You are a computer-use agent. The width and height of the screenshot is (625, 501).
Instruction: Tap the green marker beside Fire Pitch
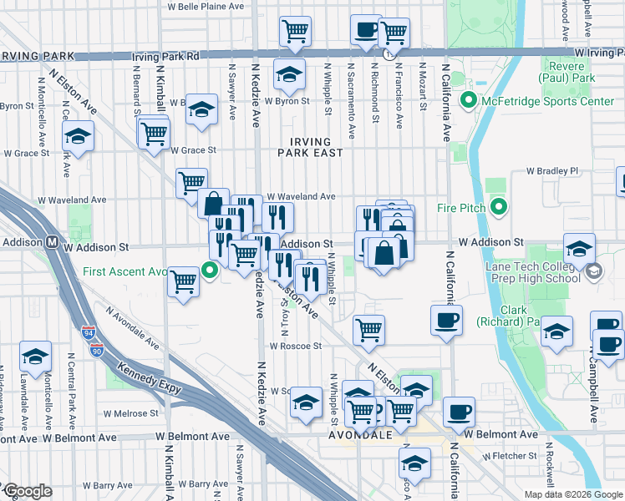(499, 206)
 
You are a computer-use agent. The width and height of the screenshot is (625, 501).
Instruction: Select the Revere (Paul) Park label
(571, 72)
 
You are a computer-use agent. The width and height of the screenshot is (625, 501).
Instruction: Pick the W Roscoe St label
(295, 346)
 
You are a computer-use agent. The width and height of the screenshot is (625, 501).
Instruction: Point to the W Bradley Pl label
(551, 171)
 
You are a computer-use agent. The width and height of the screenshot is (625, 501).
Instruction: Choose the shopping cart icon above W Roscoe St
(368, 330)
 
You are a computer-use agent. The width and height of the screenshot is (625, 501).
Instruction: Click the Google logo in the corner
(27, 491)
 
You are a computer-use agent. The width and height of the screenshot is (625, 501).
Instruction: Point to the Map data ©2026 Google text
(573, 494)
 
